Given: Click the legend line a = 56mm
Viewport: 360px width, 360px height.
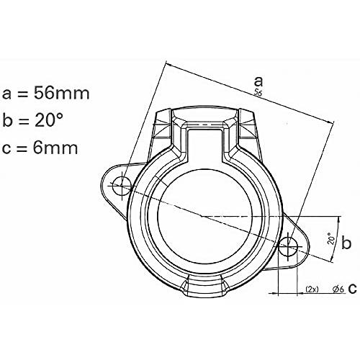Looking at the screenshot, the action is coord(45,93).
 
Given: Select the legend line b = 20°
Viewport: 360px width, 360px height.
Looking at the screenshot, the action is coord(33,120).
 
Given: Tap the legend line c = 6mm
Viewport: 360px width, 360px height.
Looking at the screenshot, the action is coord(40,148).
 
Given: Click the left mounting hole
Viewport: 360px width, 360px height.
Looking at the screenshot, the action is coord(122,186).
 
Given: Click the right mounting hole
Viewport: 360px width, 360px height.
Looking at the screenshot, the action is coord(288,246).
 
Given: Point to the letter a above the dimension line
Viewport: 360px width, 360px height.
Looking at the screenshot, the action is coord(258,81).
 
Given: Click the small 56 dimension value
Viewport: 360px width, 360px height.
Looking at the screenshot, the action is coord(258,92).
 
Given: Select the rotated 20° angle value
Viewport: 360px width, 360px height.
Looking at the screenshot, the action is coord(331,238).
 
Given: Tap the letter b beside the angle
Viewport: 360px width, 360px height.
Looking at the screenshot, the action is coord(346,243).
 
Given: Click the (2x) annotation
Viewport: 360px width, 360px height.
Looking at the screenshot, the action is coord(312,289).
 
